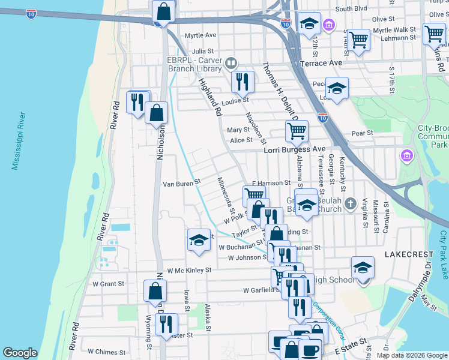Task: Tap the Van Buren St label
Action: tap(181, 181)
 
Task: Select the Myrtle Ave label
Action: tap(200, 35)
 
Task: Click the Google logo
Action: tap(20, 353)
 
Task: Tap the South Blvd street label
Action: tap(351, 9)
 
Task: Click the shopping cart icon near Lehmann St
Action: tap(358, 40)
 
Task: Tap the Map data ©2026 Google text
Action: tap(411, 355)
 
